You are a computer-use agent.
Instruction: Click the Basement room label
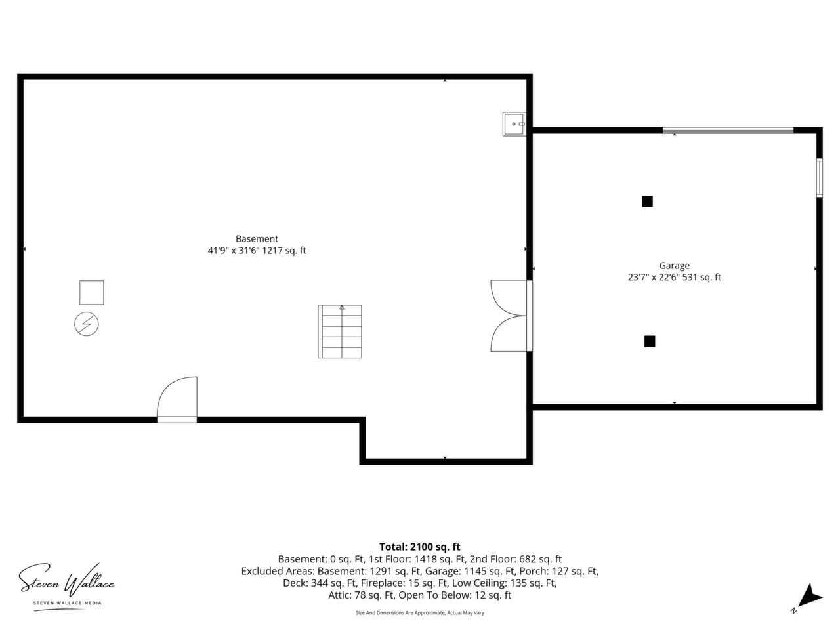(x=257, y=239)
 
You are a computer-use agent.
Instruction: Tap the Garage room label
(x=674, y=266)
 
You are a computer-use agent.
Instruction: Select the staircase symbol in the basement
(x=339, y=331)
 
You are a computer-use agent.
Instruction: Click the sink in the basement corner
(x=514, y=124)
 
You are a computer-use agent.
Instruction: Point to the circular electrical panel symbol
(x=87, y=324)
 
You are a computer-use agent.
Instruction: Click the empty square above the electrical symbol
(x=91, y=293)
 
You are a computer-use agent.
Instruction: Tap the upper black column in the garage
(x=647, y=201)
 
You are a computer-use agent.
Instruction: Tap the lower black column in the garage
(x=650, y=341)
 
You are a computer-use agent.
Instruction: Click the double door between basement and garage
(x=511, y=316)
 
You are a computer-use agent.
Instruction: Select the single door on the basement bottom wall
(x=177, y=400)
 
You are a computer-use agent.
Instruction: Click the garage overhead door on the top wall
(x=728, y=131)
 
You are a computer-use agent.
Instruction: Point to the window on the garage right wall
(x=820, y=177)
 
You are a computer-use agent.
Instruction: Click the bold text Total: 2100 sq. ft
(x=420, y=547)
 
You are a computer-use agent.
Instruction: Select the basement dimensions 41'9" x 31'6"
(x=234, y=251)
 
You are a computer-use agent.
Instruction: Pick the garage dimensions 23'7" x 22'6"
(x=654, y=278)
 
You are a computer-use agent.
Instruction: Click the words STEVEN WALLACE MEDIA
(x=68, y=603)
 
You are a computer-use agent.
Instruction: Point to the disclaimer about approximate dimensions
(x=420, y=613)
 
